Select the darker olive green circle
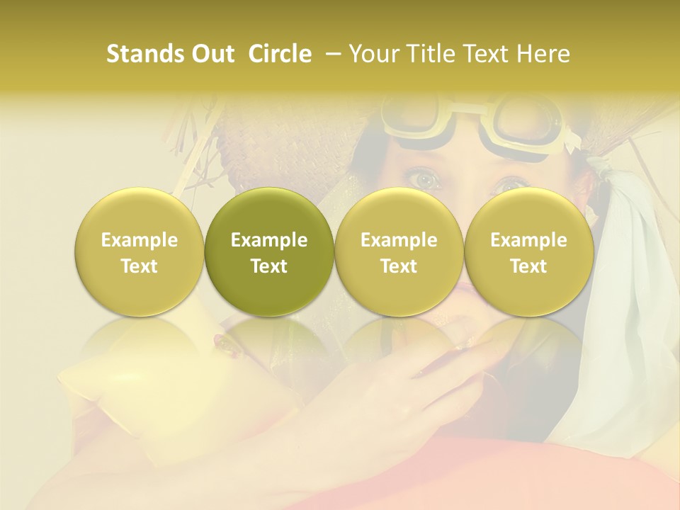pos(269,251)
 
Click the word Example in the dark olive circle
pos(269,240)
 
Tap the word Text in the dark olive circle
pos(269,266)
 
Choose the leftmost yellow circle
pos(140,251)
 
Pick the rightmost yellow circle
pos(528,251)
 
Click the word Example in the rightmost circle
pos(528,240)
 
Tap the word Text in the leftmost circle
pos(140,266)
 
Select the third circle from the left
pos(399,251)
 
